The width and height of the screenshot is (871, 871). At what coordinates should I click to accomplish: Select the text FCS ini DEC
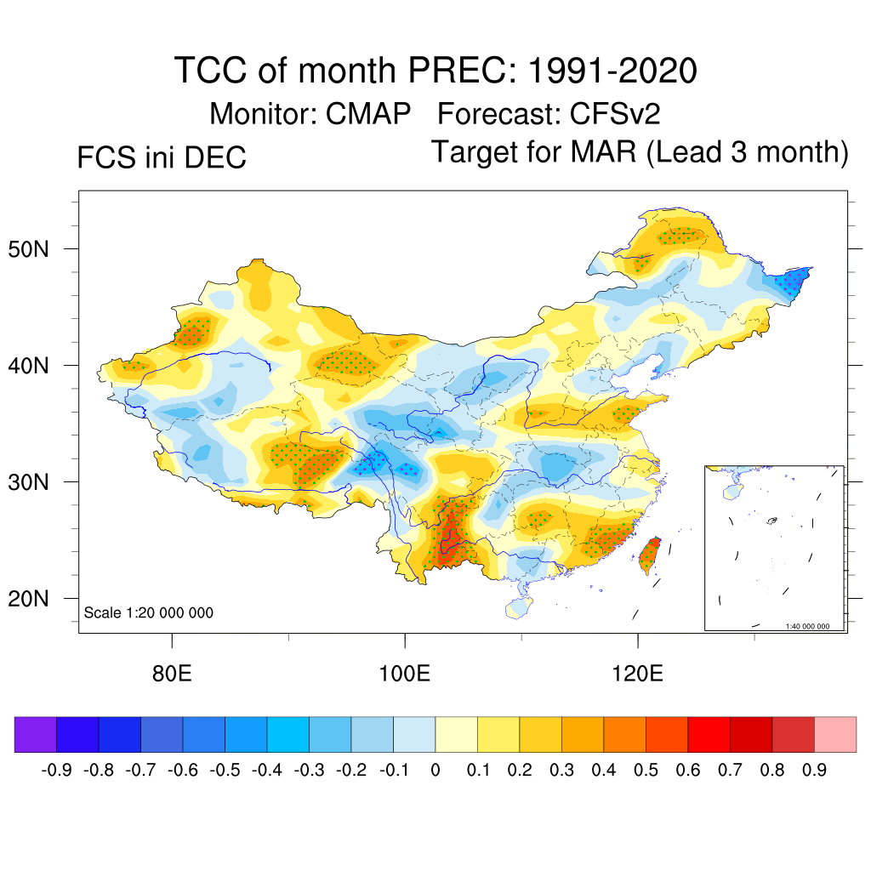pos(162,158)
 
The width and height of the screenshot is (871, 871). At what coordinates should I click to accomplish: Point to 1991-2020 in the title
pos(612,71)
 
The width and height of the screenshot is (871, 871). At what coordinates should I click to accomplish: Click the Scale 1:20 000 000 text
pos(149,613)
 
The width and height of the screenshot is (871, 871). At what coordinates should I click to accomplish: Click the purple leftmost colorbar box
pos(36,735)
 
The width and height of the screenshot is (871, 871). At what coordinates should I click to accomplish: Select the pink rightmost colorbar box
pos(835,735)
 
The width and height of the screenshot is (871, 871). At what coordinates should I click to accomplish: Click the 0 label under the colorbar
pos(435,771)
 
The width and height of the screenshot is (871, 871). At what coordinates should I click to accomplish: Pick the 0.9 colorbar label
pos(815,771)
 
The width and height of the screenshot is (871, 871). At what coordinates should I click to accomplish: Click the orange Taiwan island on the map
pos(649,554)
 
